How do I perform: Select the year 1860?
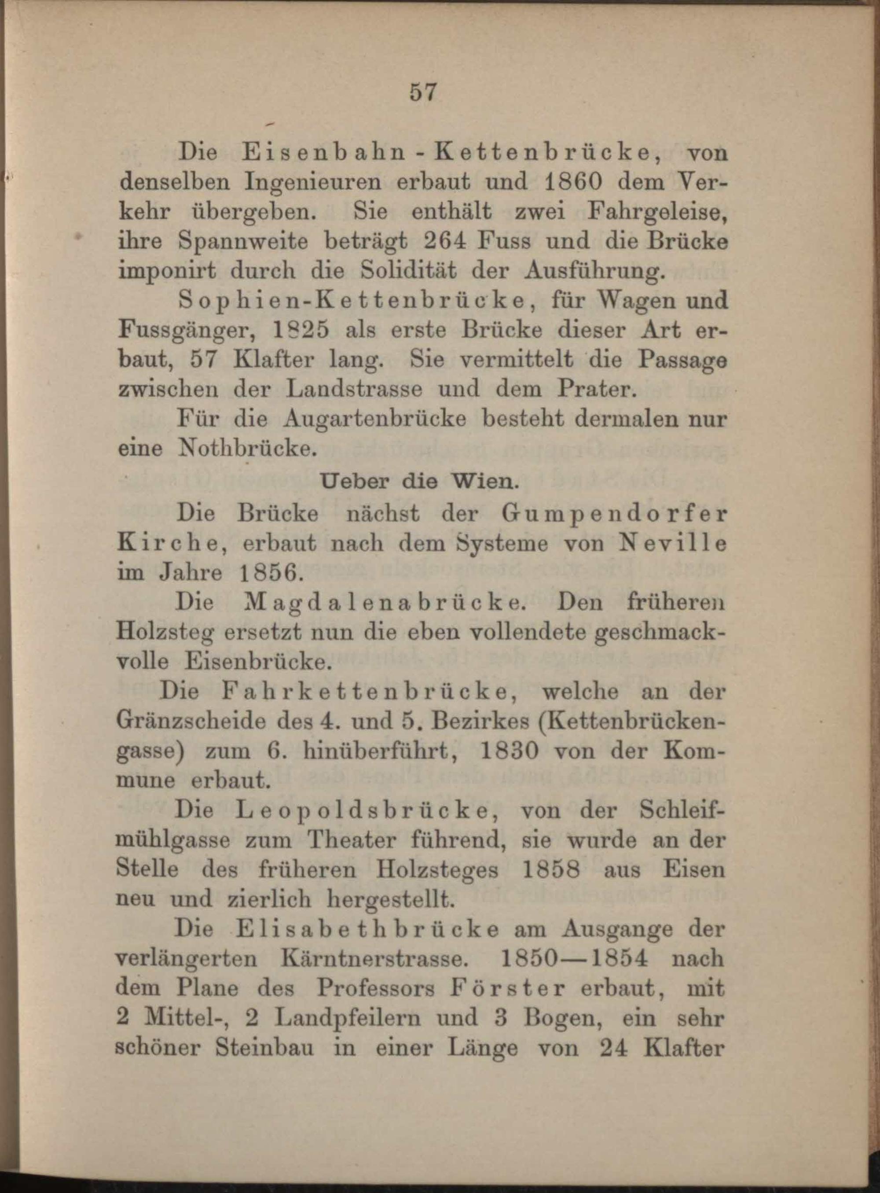click(587, 182)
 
